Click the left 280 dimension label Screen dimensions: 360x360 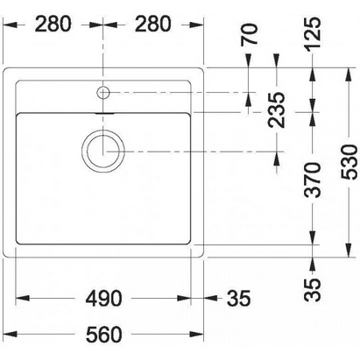(x=53, y=24)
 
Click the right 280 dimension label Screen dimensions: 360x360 (x=152, y=24)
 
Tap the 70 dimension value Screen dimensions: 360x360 (x=250, y=34)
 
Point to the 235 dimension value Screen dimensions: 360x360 (x=277, y=110)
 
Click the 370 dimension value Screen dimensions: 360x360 (x=313, y=180)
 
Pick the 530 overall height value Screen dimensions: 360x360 (x=349, y=162)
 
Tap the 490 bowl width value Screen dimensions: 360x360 (x=103, y=299)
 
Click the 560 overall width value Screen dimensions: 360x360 (x=103, y=335)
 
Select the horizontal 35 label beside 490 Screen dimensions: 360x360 (x=238, y=299)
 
